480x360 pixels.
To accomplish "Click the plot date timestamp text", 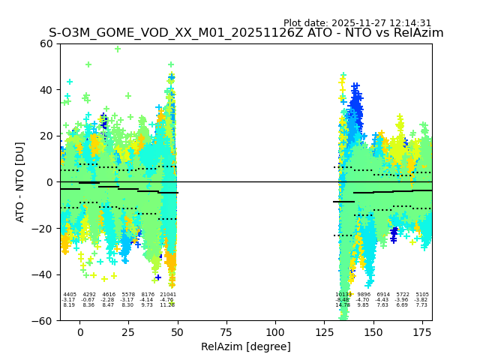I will coord(357,23).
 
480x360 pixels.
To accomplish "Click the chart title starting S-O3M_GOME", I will coord(246,33).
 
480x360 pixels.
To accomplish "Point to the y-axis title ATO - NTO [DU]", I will coord(20,182).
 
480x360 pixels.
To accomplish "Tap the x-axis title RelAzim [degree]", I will coord(246,346).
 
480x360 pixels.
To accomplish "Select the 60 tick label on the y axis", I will coord(46,43).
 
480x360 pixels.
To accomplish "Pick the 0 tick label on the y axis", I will coord(49,182).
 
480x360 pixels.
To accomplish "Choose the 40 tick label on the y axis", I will coord(46,90).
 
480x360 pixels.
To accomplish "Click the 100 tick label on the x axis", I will coord(275,332).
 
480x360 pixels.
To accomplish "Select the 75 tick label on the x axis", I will coord(226,332).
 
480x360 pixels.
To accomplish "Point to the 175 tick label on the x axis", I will coord(422,332).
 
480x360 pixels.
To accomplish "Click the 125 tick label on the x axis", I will coord(324,332).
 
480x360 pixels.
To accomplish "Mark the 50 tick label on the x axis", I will coord(178,332).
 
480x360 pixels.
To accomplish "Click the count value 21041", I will coord(167,295).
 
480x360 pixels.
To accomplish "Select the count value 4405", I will coord(70,295).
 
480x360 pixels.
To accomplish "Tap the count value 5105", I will coord(422,295).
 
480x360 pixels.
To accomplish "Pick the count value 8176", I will coord(148,295).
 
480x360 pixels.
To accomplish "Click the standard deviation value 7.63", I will coord(383,305).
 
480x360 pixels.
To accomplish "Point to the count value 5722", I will coord(403,295).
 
